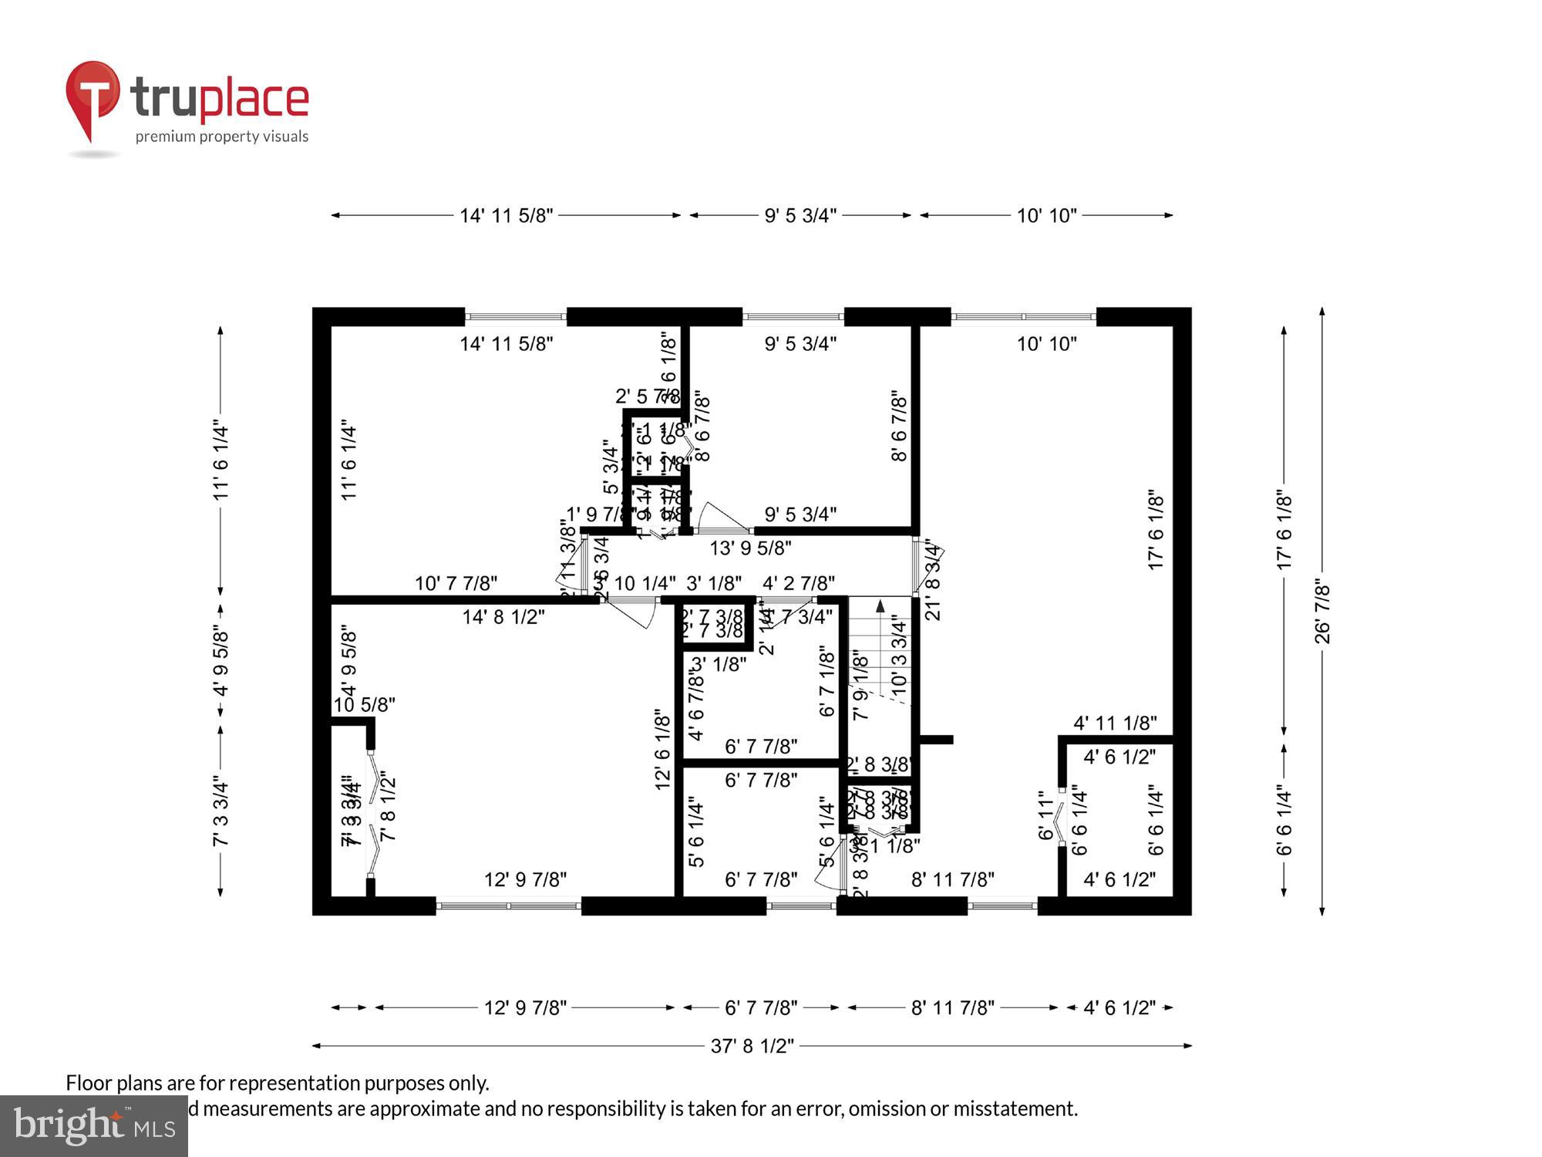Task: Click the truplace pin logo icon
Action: (x=93, y=96)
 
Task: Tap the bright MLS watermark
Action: (x=94, y=1126)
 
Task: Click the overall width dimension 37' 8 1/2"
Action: (x=752, y=1046)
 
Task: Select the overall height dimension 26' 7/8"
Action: (x=1322, y=612)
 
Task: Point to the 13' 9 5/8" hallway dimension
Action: (x=750, y=548)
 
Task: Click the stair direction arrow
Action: (x=880, y=608)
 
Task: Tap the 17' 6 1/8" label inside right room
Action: (x=1155, y=530)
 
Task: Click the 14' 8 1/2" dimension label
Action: (x=503, y=616)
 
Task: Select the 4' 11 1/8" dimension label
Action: (x=1115, y=723)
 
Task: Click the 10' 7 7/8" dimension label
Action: (x=456, y=583)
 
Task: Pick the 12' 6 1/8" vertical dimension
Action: (x=662, y=750)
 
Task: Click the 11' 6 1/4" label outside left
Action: (x=221, y=460)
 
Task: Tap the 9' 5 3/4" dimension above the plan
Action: (x=800, y=215)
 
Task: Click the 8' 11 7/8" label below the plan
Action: (x=952, y=1007)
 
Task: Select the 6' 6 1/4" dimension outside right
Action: (x=1284, y=820)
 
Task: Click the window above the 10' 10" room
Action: (x=1023, y=316)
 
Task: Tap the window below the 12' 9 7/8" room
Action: (x=508, y=906)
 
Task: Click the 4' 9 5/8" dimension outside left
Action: (x=221, y=661)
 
